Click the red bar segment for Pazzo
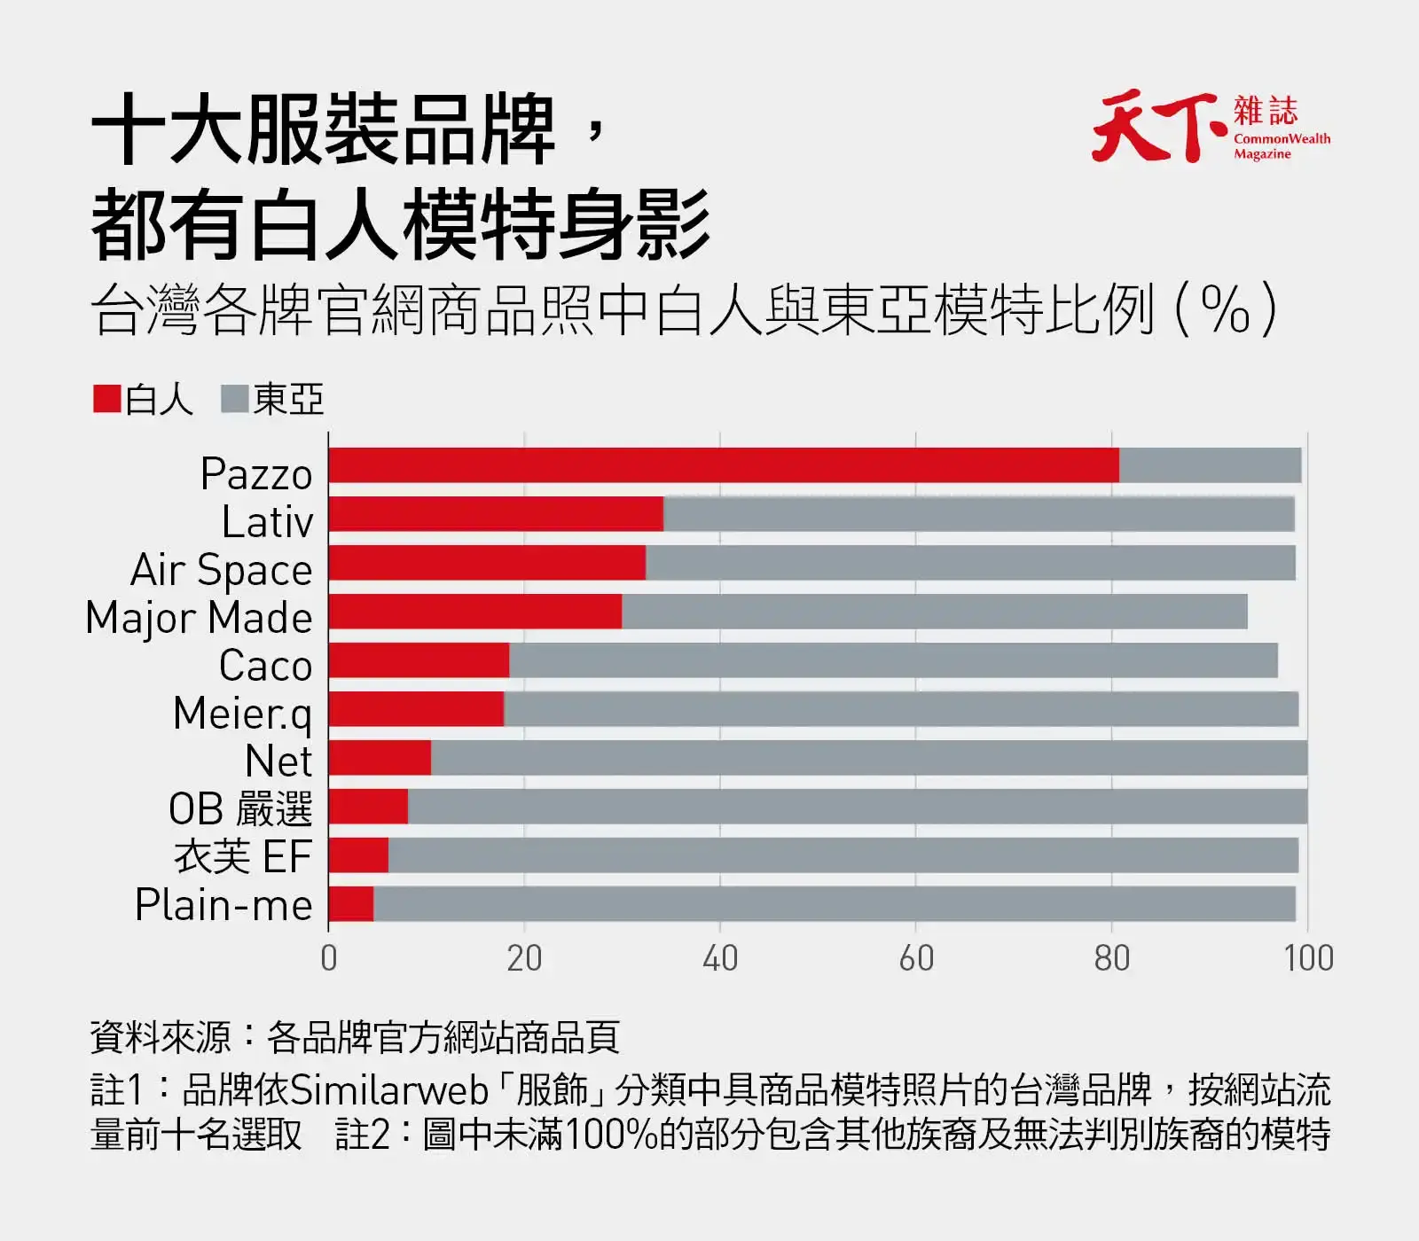tap(724, 465)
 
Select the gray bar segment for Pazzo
tap(1211, 465)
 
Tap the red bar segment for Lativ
tap(496, 514)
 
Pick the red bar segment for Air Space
tap(487, 563)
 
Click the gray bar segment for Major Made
tap(935, 612)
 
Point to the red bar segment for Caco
tap(419, 660)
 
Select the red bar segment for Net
tap(380, 758)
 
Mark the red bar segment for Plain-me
tap(351, 904)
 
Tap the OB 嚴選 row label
tap(240, 809)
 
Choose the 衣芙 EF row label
tap(243, 857)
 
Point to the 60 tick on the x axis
tap(916, 958)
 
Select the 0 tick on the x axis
tap(329, 958)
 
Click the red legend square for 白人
tap(107, 399)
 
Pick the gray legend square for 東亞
tap(235, 399)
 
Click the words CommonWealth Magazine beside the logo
tap(1282, 146)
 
